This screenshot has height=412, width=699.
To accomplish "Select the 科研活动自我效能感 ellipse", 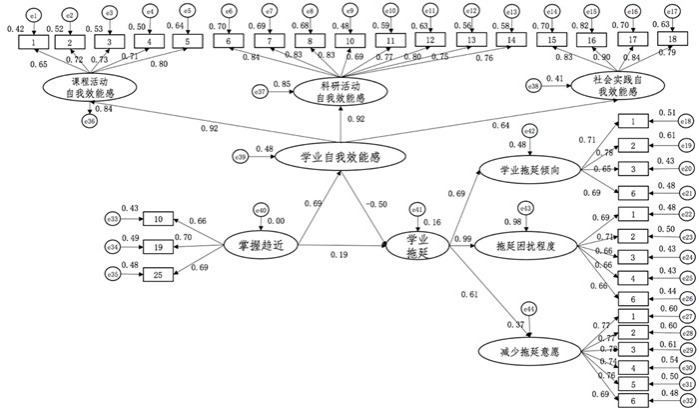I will pyautogui.click(x=342, y=92).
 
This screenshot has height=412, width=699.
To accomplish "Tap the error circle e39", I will pyautogui.click(x=241, y=155).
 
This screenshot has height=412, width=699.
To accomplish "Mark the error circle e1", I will pyautogui.click(x=34, y=17).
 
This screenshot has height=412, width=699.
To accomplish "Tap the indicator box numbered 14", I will pyautogui.click(x=512, y=40).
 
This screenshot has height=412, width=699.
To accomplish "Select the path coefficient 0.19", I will pyautogui.click(x=340, y=254).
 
